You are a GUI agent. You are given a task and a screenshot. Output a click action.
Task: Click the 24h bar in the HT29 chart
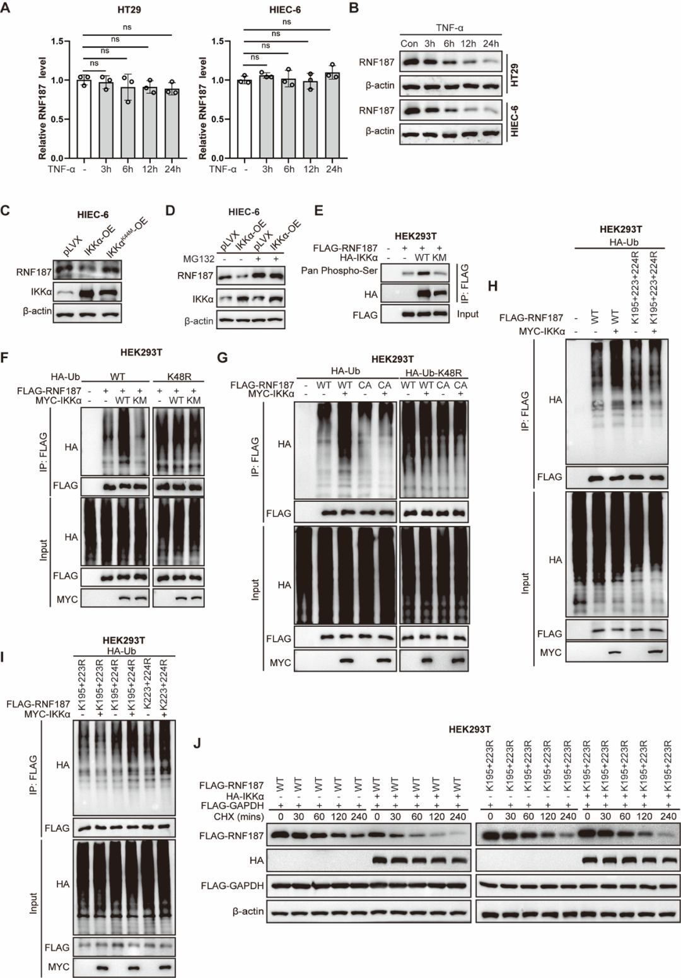pos(172,124)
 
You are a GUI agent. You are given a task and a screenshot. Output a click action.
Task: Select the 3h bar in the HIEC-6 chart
pos(267,117)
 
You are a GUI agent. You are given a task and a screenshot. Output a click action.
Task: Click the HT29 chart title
pos(129,9)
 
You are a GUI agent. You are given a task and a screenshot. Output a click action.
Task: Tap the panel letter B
pos(354,8)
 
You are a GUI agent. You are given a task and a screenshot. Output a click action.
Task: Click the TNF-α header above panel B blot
pos(450,28)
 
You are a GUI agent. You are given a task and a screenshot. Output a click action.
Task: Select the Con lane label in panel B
pos(409,44)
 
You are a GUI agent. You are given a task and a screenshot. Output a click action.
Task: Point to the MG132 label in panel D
pos(199,259)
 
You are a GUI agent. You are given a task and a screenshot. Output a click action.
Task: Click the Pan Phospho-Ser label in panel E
pos(339,271)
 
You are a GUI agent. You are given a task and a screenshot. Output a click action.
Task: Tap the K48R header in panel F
pos(179,376)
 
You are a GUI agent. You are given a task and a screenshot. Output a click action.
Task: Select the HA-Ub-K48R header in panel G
pos(433,373)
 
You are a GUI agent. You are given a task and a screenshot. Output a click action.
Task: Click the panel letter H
pos(492,286)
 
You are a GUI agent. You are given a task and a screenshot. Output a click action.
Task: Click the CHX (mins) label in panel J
pos(239,816)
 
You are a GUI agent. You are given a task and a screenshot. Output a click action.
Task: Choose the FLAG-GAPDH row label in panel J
pos(233,885)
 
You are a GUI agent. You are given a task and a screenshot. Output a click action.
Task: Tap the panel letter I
pos(4,656)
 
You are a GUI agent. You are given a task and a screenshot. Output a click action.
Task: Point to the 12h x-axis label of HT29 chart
pos(149,170)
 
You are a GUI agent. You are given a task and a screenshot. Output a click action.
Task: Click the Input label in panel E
pos(467,314)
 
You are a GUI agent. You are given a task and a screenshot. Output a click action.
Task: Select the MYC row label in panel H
pos(550,653)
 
